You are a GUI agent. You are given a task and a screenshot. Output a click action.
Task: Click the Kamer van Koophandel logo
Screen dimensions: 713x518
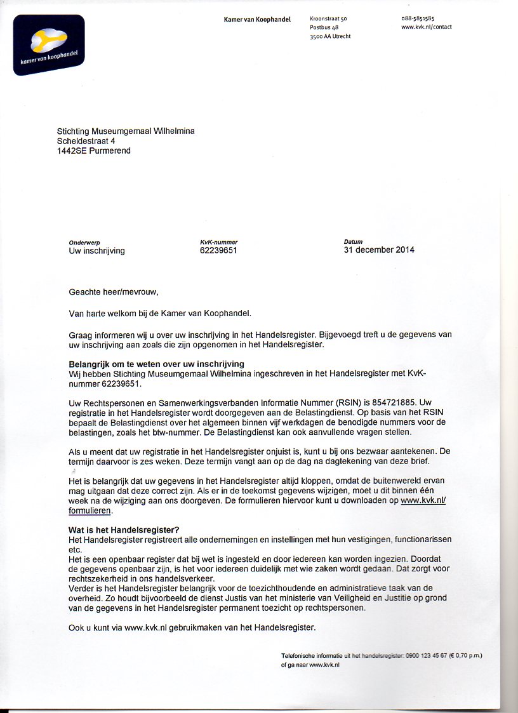pos(49,44)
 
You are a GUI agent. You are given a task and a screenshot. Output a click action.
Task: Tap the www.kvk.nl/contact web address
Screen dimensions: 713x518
pos(427,27)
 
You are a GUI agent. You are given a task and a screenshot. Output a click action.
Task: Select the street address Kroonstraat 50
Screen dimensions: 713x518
pos(328,19)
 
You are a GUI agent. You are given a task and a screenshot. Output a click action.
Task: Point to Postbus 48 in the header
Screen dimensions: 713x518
pos(324,27)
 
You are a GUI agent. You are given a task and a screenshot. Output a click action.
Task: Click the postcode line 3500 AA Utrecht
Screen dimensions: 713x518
pos(330,36)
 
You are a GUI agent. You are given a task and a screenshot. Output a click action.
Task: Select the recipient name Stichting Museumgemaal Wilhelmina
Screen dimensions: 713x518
pos(126,131)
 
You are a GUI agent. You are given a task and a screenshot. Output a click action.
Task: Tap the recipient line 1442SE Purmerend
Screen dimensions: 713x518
pos(94,151)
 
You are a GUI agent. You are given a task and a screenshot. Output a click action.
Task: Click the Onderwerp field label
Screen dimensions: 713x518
pos(84,242)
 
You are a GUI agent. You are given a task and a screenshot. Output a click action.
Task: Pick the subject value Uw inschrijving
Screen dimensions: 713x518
pos(96,251)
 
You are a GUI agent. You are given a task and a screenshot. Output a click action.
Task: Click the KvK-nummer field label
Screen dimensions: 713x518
pos(218,242)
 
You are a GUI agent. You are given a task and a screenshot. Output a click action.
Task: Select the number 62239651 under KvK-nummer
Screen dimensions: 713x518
pos(218,251)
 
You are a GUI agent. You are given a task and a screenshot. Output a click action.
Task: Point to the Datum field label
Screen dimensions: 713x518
pos(353,241)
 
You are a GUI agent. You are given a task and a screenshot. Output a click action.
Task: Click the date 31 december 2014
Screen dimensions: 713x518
pos(378,250)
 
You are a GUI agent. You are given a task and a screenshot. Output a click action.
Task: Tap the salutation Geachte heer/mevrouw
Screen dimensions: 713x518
pos(113,292)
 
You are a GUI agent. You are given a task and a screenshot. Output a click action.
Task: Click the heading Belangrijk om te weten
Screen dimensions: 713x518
pos(156,364)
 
